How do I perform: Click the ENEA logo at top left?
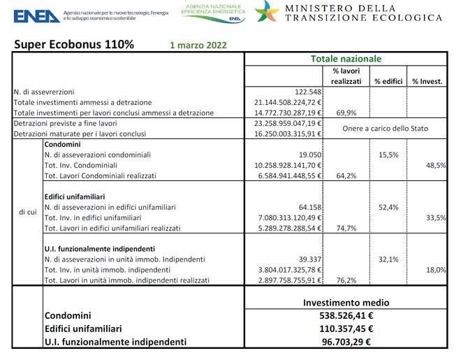pos(36,15)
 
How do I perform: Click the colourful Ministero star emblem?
pos(268,13)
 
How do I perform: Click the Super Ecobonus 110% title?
pos(75,45)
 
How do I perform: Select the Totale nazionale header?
pos(345,59)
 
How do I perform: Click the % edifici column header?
pos(388,81)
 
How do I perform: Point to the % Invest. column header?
pos(427,81)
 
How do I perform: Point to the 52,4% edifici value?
pos(388,207)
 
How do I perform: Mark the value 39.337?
pos(308,259)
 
